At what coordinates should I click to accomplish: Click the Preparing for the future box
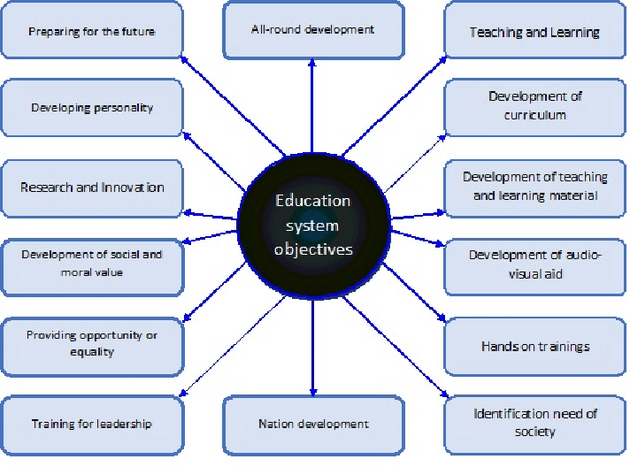coord(92,32)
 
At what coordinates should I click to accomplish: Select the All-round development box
coord(312,30)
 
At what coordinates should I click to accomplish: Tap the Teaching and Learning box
coord(534,32)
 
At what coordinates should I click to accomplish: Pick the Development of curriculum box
coord(534,106)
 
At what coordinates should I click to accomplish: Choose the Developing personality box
coord(92,108)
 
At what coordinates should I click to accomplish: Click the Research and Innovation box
coord(92,188)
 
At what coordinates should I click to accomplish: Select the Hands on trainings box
coord(534,347)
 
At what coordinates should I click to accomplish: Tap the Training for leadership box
coord(92,424)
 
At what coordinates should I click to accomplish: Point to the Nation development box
coord(312,425)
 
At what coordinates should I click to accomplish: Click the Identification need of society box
coord(534,423)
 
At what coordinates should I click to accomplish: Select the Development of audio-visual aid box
coord(534,264)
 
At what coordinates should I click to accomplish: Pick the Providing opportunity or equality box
coord(92,344)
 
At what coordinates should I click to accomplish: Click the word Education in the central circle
coord(312,201)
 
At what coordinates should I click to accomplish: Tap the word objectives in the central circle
coord(312,249)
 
